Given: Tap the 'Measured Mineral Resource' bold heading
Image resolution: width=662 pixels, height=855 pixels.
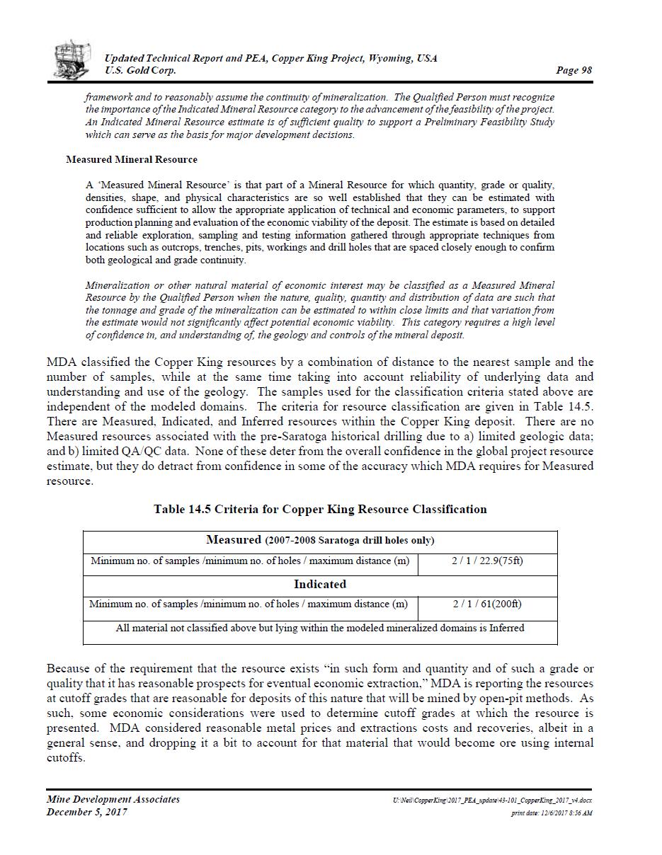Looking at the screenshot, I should tap(131, 159).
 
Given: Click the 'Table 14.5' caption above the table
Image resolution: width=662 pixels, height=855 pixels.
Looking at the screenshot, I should tap(320, 509).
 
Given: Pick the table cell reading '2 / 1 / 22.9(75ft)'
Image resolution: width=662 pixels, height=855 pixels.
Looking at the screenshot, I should tap(487, 561).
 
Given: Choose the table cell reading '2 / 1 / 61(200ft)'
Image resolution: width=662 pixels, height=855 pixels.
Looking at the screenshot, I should tap(487, 604).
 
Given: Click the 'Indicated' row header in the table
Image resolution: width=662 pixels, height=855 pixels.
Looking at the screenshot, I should tap(320, 585).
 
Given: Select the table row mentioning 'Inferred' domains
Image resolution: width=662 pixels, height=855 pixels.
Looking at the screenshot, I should tap(320, 628).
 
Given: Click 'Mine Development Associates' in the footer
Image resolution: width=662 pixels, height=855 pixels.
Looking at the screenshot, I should tap(113, 799).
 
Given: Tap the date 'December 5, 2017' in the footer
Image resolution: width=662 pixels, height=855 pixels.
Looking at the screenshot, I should tap(87, 812).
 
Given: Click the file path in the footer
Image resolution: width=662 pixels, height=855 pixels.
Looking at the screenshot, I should tap(492, 800).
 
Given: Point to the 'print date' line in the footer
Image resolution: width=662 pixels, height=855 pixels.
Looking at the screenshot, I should tap(552, 813).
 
